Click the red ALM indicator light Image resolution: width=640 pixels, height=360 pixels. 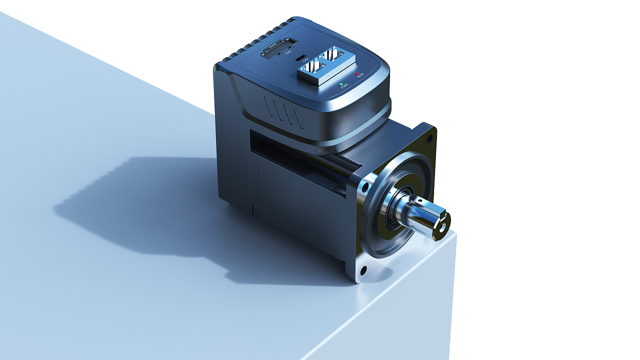coord(357,74)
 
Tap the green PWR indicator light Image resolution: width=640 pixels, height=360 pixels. coord(341,84)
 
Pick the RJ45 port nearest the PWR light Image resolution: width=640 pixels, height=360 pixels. coord(313,68)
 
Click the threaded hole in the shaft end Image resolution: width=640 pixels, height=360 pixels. coord(441,223)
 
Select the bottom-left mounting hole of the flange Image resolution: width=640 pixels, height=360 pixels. coord(363,271)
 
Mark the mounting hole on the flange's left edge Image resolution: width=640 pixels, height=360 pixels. coord(365,188)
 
